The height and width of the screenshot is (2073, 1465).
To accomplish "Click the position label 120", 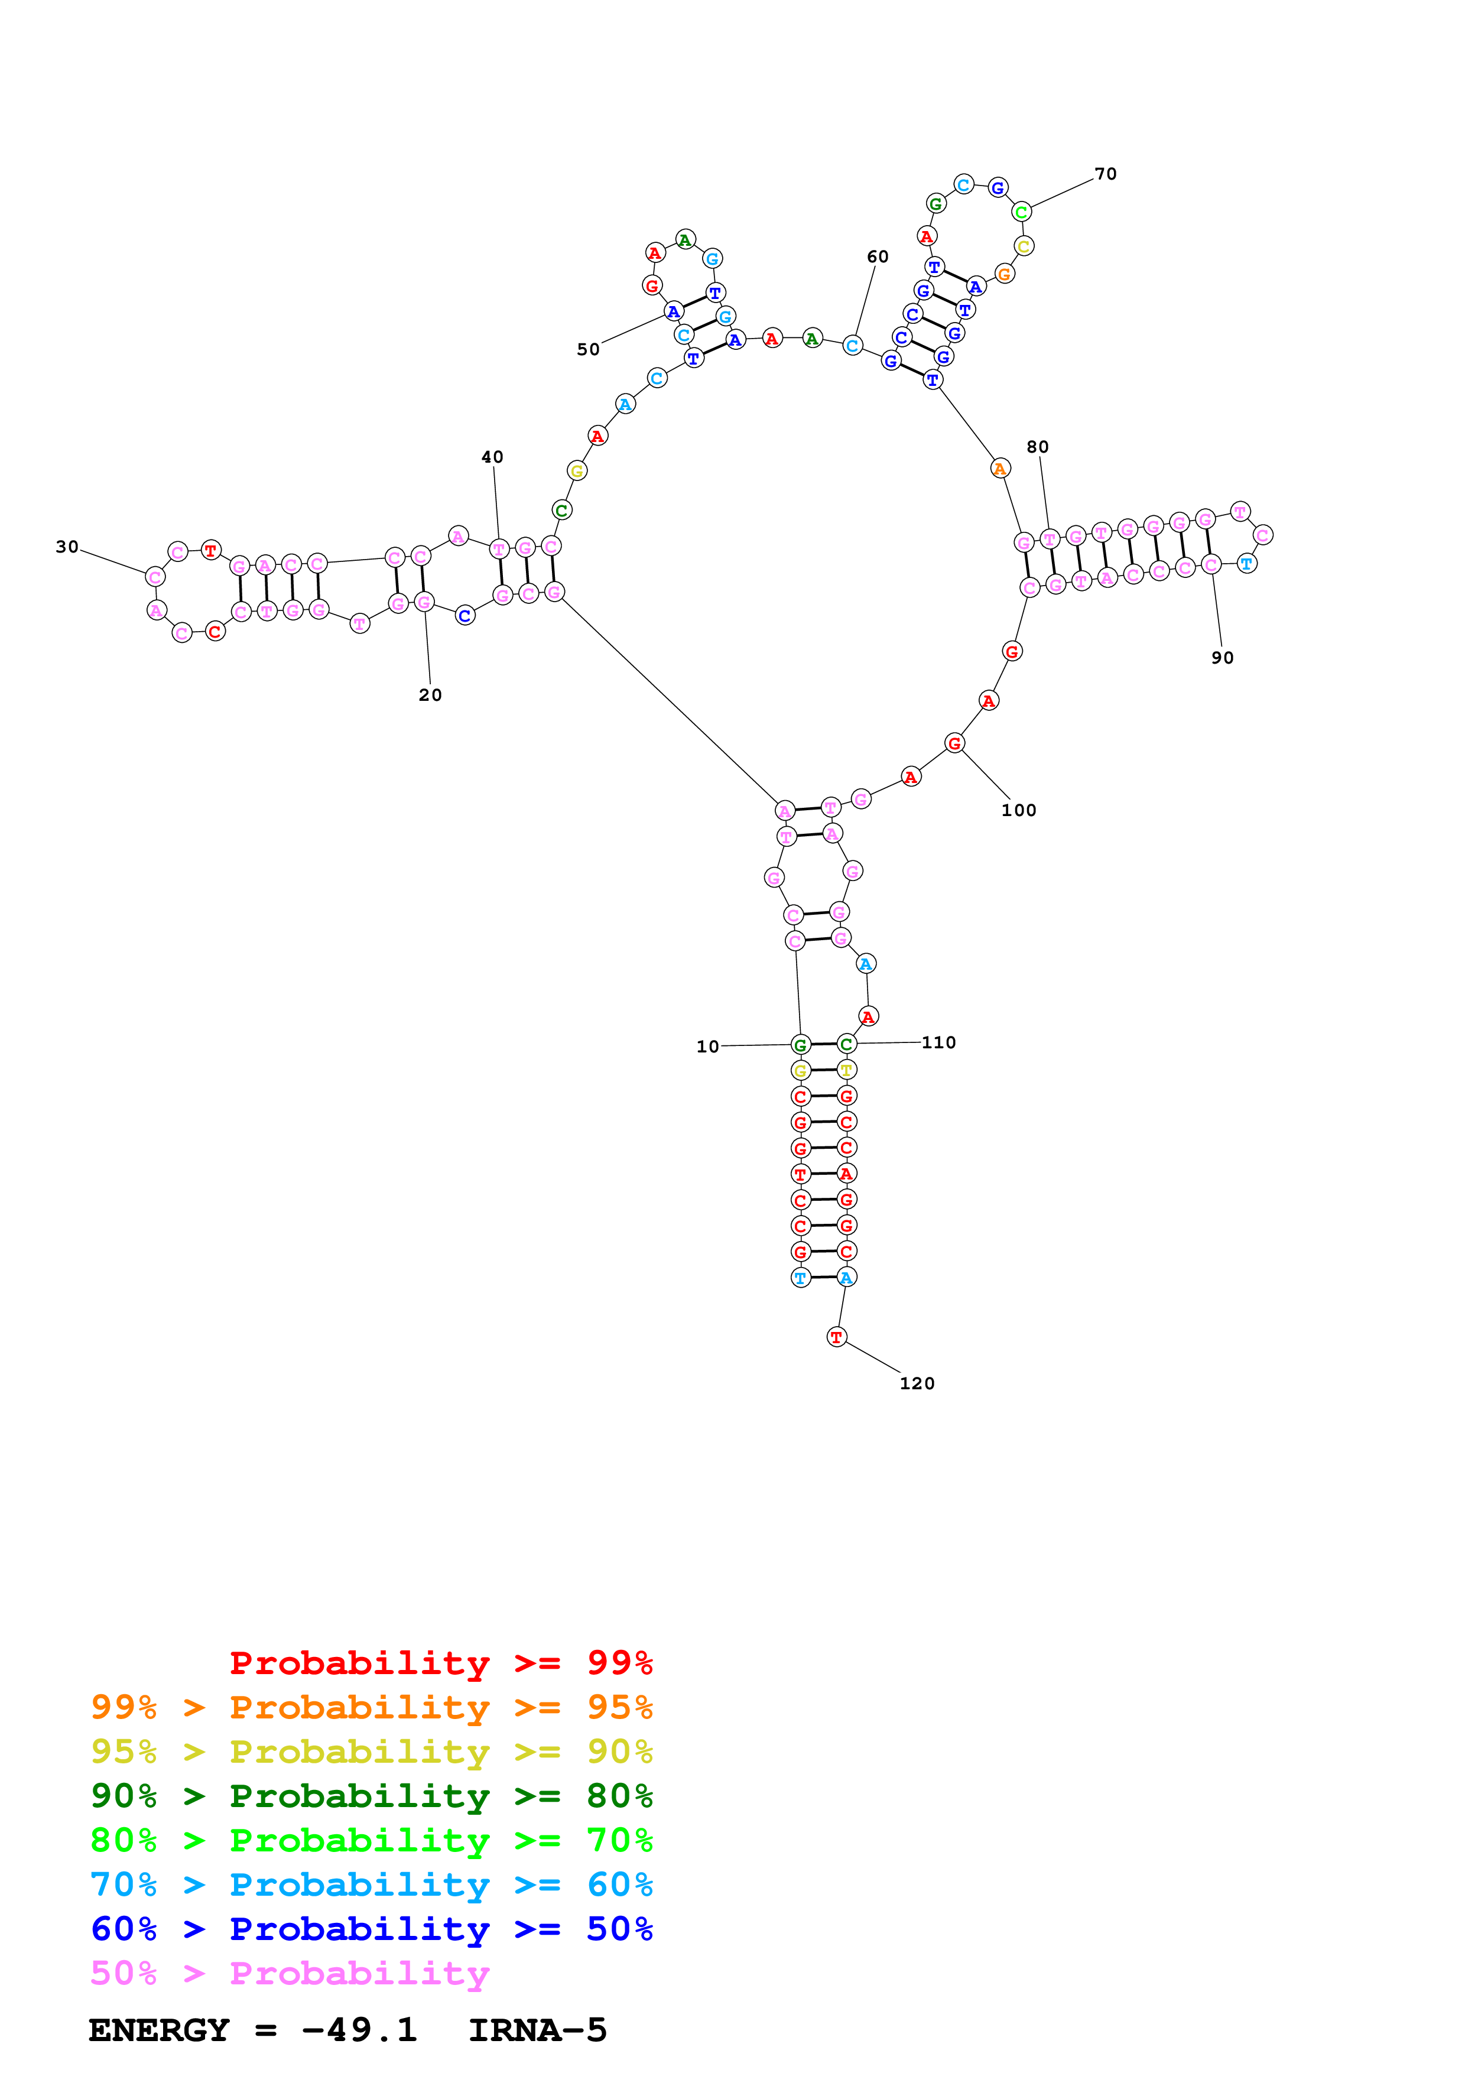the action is (x=917, y=1383).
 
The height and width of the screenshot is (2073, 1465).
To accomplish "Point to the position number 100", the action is (x=1019, y=810).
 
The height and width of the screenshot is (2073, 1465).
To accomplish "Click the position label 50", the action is (x=589, y=349).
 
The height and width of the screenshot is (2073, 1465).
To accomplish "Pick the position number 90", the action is (x=1222, y=657).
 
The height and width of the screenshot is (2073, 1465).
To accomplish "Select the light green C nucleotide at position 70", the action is (x=1021, y=212).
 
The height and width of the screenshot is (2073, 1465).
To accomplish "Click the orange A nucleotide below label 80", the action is (x=999, y=469).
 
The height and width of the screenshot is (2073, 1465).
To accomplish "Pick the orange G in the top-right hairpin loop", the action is (x=1003, y=274).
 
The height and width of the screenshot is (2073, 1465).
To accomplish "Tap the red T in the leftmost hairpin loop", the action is (x=210, y=549).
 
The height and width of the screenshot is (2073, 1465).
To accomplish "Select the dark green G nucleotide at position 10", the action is (x=800, y=1045).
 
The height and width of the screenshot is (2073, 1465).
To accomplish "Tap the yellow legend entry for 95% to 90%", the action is (x=372, y=1751).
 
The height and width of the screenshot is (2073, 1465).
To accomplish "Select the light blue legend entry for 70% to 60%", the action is (x=372, y=1884).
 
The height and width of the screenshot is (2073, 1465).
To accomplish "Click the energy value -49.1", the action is (x=359, y=2030).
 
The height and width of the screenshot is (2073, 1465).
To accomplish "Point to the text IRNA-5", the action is (x=538, y=2030).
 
